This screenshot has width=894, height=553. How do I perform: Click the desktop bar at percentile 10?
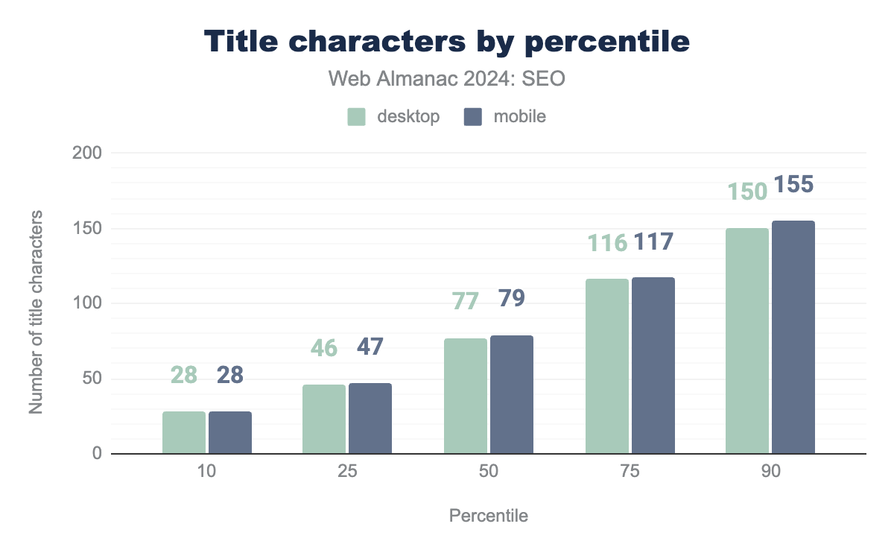pyautogui.click(x=184, y=432)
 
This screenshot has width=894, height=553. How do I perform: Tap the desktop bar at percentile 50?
pyautogui.click(x=466, y=396)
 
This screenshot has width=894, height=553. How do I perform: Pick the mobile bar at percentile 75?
pyautogui.click(x=653, y=365)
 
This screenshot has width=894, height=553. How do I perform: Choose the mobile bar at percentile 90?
pyautogui.click(x=793, y=337)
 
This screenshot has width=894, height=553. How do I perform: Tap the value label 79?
pyautogui.click(x=510, y=299)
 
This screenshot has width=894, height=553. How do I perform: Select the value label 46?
pyautogui.click(x=324, y=348)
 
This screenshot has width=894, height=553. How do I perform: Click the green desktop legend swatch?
pyautogui.click(x=357, y=117)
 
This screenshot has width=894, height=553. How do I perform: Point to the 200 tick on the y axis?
pyautogui.click(x=88, y=154)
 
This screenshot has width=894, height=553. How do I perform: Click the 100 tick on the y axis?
pyautogui.click(x=88, y=303)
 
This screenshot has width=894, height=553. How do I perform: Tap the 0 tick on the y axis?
pyautogui.click(x=96, y=453)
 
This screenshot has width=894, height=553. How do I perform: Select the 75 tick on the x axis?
pyautogui.click(x=630, y=473)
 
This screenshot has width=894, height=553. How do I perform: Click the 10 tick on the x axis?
pyautogui.click(x=206, y=473)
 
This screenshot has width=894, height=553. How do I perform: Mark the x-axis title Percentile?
pyautogui.click(x=488, y=516)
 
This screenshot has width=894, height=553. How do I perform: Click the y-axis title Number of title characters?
pyautogui.click(x=35, y=312)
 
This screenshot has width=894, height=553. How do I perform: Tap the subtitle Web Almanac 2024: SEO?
pyautogui.click(x=447, y=79)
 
